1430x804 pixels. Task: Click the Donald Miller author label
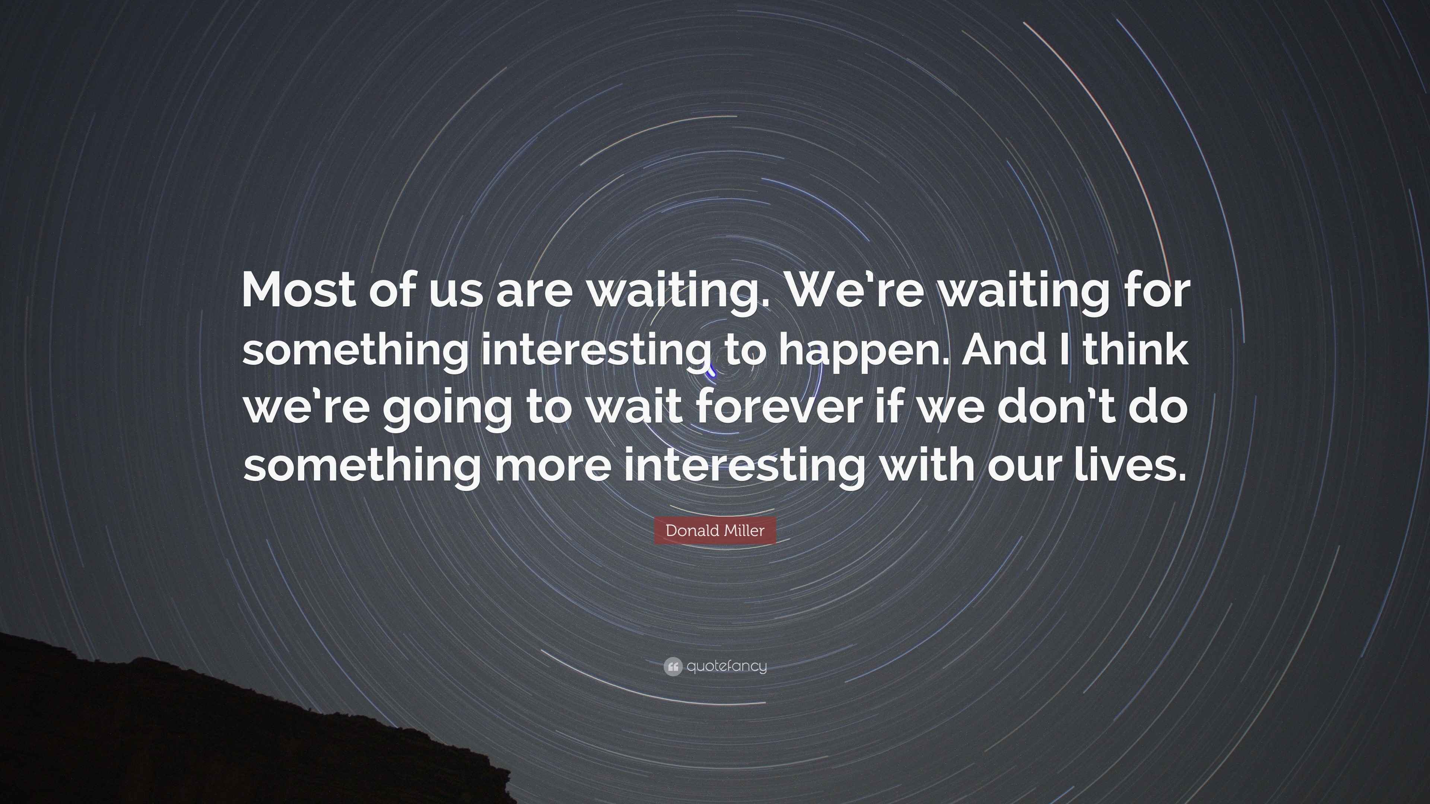(x=715, y=530)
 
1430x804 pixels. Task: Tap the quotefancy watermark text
(x=727, y=666)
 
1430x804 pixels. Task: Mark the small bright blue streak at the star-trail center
(x=711, y=372)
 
